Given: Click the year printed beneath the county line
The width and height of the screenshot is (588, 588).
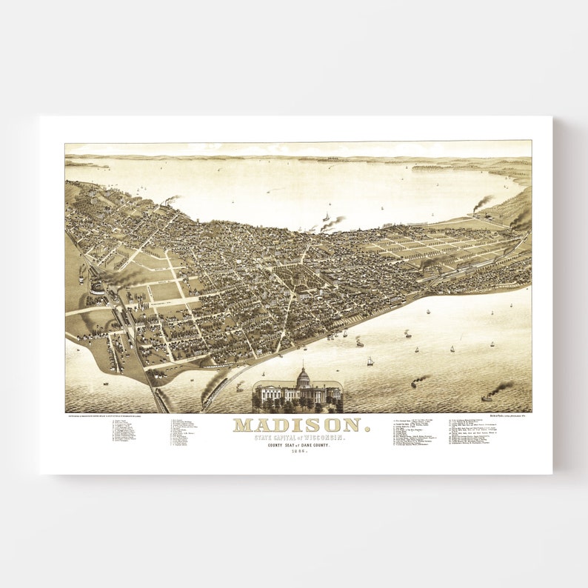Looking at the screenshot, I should (298, 452).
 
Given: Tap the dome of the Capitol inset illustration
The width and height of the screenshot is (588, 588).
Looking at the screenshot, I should (302, 377).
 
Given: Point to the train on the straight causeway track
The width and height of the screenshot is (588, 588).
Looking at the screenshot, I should (157, 392).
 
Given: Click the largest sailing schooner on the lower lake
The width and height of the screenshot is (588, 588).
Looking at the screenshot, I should (370, 361).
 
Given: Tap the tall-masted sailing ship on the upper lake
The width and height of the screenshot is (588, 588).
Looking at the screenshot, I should (325, 218).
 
